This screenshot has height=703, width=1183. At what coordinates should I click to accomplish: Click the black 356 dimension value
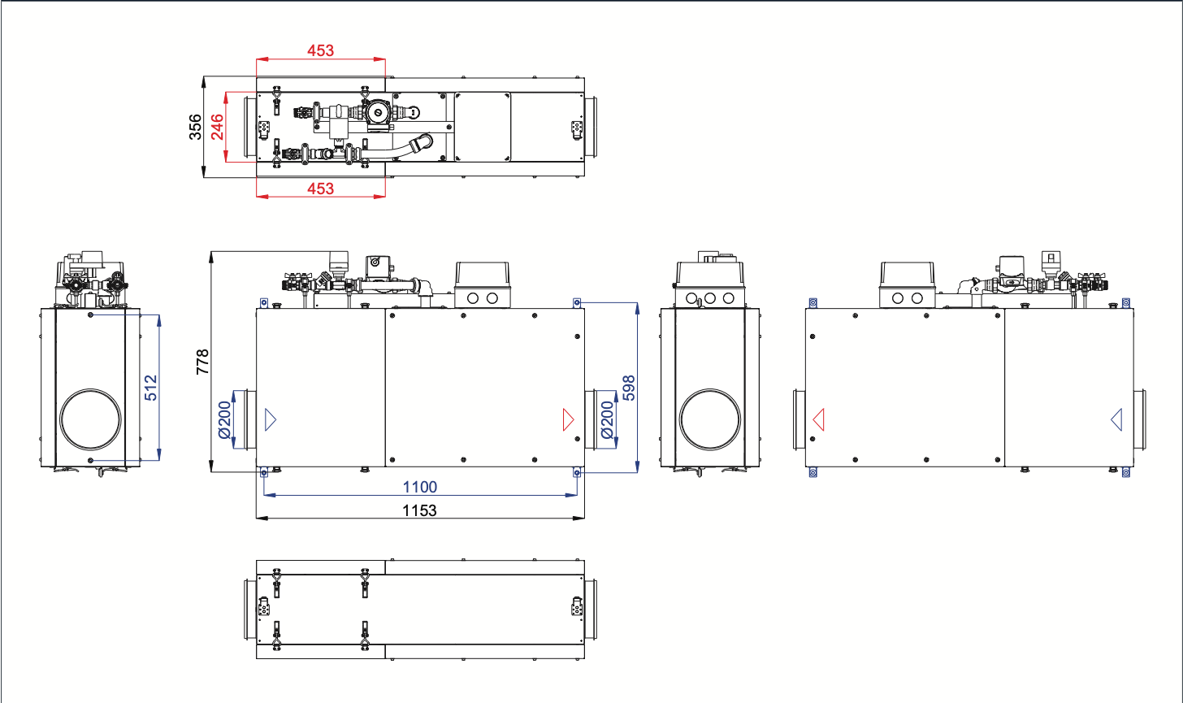[195, 127]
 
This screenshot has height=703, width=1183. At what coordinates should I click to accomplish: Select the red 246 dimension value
[217, 127]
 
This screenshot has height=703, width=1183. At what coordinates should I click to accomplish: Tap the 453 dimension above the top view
[321, 50]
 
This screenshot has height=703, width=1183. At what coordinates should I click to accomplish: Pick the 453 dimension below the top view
[321, 189]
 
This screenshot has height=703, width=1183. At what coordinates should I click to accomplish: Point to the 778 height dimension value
[203, 362]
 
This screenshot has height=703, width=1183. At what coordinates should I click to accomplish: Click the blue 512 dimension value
[151, 388]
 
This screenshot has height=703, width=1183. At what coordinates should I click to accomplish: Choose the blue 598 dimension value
[629, 388]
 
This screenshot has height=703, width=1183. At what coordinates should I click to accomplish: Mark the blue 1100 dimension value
[420, 487]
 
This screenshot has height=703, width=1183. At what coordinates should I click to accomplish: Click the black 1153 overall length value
[419, 510]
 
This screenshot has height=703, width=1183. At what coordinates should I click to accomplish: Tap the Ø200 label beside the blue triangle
[224, 420]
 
